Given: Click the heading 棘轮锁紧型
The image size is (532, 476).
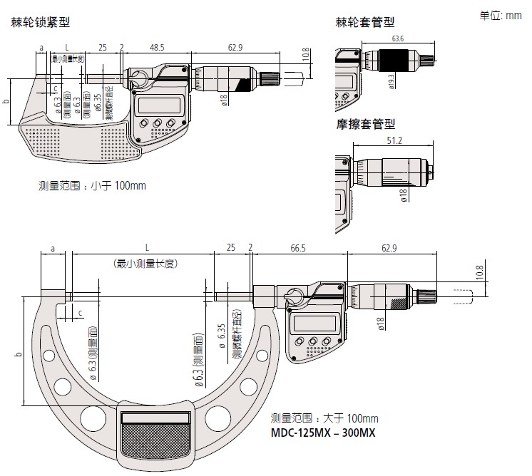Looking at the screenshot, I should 40,22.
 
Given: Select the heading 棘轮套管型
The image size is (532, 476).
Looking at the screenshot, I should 365,23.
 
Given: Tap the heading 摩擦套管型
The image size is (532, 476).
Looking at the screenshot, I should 365,123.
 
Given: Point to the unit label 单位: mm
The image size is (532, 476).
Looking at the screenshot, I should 501,15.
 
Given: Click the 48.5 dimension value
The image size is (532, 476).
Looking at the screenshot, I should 157,48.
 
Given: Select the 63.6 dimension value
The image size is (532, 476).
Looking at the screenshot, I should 397,38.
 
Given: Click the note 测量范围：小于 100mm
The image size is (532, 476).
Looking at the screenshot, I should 92,186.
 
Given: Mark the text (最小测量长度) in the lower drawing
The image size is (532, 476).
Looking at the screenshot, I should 145,263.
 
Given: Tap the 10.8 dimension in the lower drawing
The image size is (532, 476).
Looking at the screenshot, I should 479,271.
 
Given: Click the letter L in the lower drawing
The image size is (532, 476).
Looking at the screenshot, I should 146,248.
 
